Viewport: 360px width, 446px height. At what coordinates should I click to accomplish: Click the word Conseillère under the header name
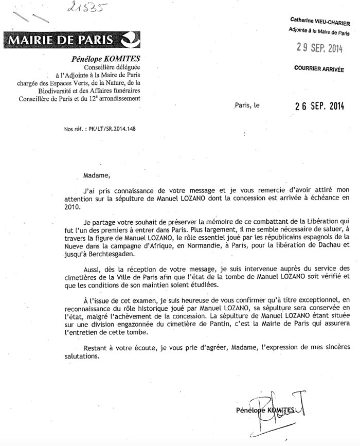(102, 68)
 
